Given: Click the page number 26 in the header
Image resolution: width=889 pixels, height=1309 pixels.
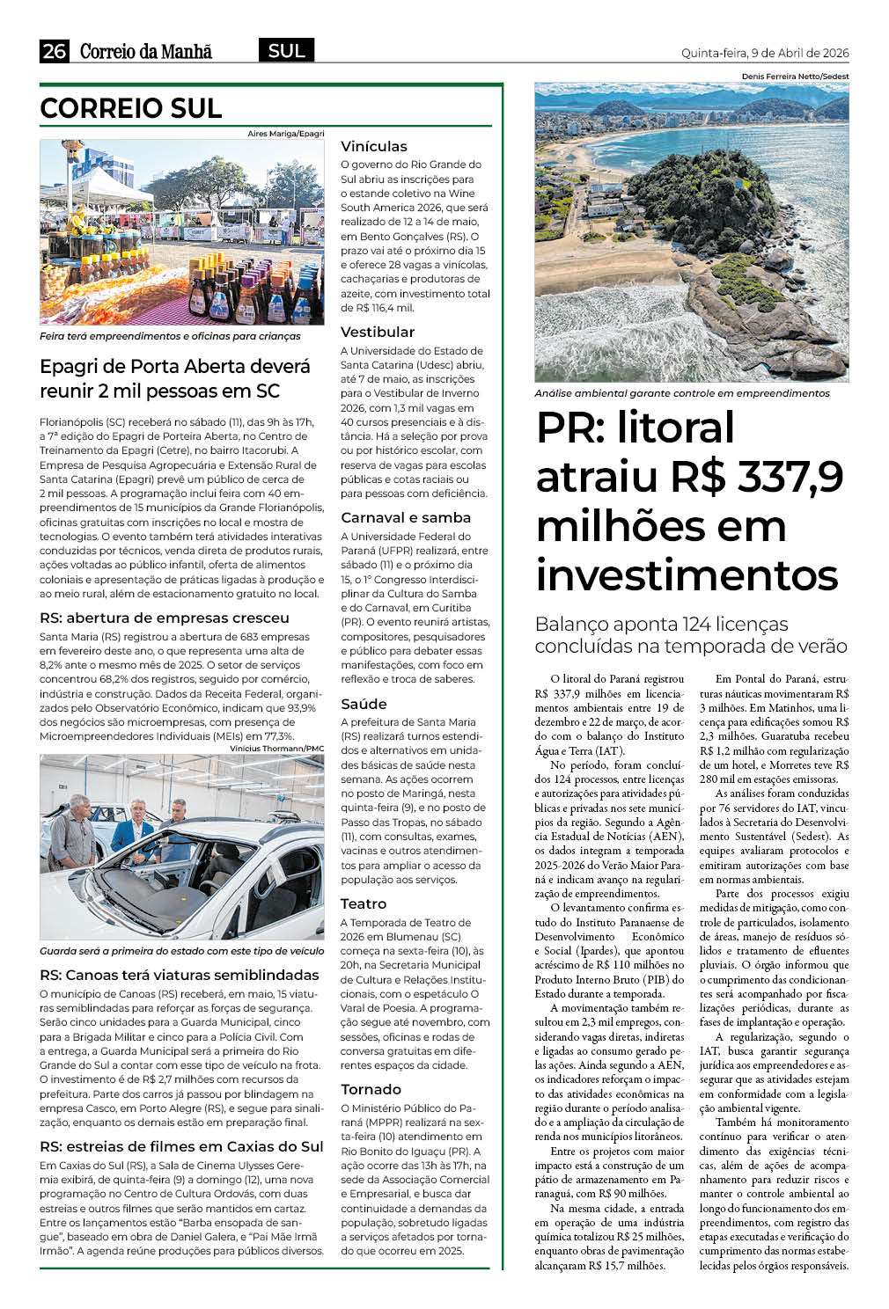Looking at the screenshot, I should pyautogui.click(x=55, y=51).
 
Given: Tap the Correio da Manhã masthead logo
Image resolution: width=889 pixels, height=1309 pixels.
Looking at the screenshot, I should pyautogui.click(x=146, y=51).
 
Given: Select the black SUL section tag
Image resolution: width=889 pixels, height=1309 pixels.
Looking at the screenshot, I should pyautogui.click(x=286, y=51).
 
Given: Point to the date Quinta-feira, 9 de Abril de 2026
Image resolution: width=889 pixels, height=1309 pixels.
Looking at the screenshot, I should pyautogui.click(x=765, y=53).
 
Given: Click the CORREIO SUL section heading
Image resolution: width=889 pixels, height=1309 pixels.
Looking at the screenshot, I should pyautogui.click(x=130, y=108).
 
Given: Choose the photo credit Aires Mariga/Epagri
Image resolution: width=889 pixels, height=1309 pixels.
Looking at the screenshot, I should pyautogui.click(x=285, y=134).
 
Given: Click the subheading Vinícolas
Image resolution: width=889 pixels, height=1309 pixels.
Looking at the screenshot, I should pyautogui.click(x=374, y=146).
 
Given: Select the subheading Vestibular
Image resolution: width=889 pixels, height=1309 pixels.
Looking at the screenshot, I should pyautogui.click(x=378, y=332).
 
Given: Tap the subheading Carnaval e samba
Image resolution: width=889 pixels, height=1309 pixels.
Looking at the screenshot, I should pyautogui.click(x=406, y=517).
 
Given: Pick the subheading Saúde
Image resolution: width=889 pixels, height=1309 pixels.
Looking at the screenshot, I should pyautogui.click(x=364, y=704).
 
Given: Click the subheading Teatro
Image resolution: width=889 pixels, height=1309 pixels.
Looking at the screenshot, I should pyautogui.click(x=364, y=903).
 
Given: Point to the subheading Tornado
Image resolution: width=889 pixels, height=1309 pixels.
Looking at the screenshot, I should pyautogui.click(x=371, y=1089).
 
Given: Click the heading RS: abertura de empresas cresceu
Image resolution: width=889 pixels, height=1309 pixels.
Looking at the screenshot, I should pyautogui.click(x=165, y=618).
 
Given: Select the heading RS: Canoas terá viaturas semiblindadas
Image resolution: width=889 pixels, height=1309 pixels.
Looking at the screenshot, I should pyautogui.click(x=180, y=975).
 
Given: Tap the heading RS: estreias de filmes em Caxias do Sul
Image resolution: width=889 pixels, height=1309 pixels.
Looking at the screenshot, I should pyautogui.click(x=181, y=1146).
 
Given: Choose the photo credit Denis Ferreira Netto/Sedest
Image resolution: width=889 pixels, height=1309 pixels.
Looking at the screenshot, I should pyautogui.click(x=795, y=77).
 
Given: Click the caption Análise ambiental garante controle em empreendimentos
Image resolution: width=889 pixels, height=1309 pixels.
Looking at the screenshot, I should pyautogui.click(x=682, y=393).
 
